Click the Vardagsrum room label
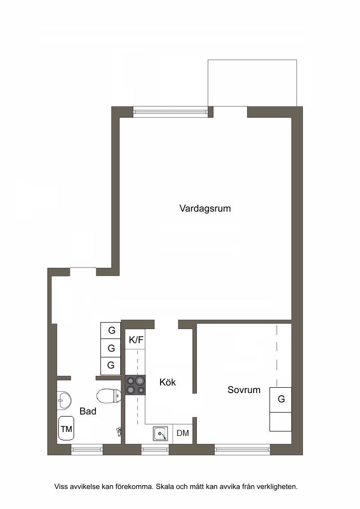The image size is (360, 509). [205, 208]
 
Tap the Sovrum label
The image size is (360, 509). [244, 390]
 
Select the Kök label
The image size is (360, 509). [168, 382]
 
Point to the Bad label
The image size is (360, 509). [88, 411]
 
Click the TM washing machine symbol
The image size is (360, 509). [66, 428]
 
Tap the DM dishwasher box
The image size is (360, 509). [183, 433]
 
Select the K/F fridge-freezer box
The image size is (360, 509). [135, 339]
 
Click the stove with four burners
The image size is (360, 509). [135, 385]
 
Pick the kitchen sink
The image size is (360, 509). [161, 433]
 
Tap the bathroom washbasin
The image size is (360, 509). [64, 400]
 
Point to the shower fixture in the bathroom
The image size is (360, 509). [119, 431]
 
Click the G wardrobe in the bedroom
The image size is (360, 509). [280, 399]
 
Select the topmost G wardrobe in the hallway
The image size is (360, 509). [111, 331]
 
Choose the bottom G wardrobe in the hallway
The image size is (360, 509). [111, 366]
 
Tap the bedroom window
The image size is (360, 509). [242, 449]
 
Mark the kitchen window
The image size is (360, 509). [155, 449]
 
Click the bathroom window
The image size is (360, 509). [87, 449]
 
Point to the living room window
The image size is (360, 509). [171, 111]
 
